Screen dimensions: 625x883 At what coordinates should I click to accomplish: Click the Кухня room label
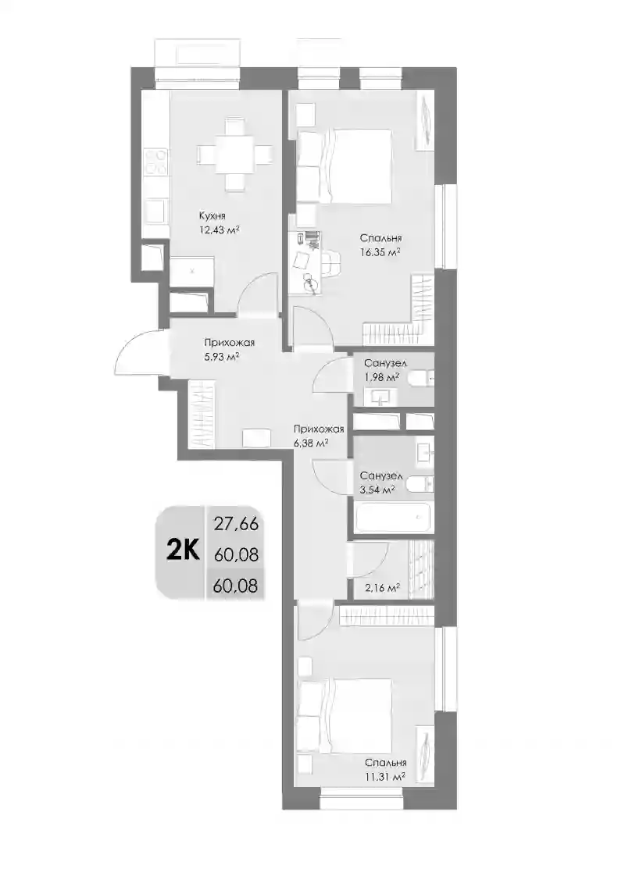212,215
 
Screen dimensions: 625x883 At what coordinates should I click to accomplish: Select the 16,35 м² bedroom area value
380,252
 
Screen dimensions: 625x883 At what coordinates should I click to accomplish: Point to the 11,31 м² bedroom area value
385,777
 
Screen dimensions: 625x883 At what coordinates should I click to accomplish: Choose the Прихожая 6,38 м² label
319,436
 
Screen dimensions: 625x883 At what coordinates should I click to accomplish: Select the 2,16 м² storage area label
383,588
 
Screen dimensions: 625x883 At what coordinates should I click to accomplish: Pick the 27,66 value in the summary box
236,524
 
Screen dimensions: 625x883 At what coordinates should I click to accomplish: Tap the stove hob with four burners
155,162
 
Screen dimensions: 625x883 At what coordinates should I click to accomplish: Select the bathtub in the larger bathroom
394,517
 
